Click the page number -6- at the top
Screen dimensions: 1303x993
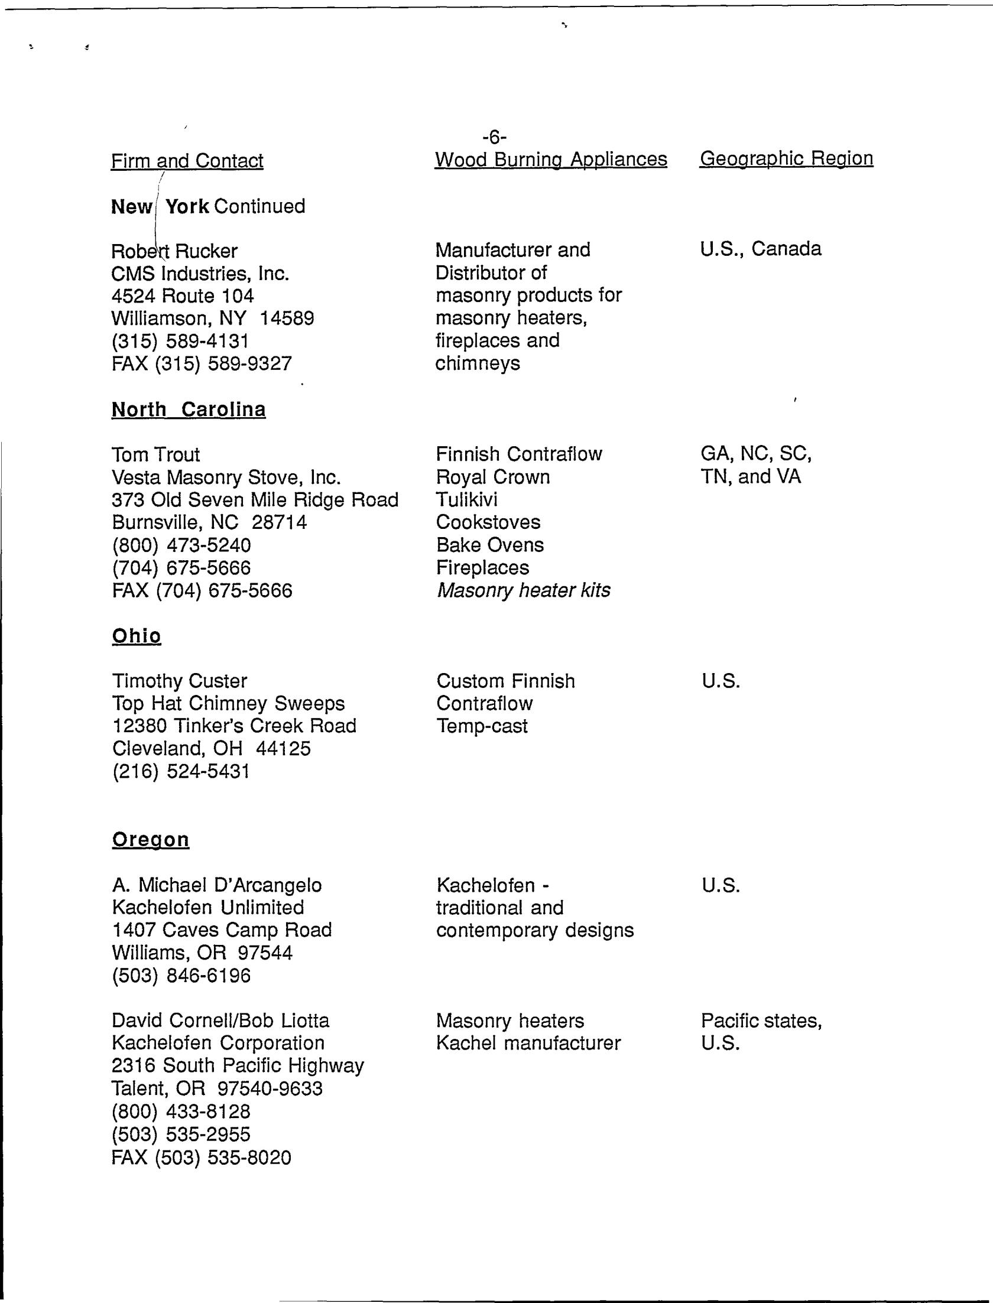click(x=494, y=138)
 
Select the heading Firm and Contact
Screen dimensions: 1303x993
click(x=187, y=161)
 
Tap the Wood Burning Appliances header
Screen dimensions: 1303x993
click(x=551, y=160)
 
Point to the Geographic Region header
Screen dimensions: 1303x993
click(x=786, y=158)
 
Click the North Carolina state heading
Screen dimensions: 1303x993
click(x=189, y=410)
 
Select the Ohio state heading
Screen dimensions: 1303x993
click(x=136, y=636)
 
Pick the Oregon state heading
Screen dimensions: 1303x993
click(x=150, y=840)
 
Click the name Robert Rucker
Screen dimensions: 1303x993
click(x=174, y=252)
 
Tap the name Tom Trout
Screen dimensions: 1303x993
click(x=155, y=455)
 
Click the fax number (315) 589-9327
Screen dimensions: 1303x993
click(x=223, y=363)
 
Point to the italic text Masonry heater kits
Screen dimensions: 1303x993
click(x=523, y=590)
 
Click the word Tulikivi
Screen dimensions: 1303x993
click(x=466, y=500)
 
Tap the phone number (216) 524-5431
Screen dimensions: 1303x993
click(x=180, y=772)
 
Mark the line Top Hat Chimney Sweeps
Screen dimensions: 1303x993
click(x=228, y=704)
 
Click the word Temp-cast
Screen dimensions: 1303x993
click(x=482, y=726)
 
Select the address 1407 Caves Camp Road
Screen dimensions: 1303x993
click(x=222, y=930)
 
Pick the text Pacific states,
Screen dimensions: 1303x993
click(x=761, y=1021)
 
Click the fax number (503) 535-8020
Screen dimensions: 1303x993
click(x=223, y=1158)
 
